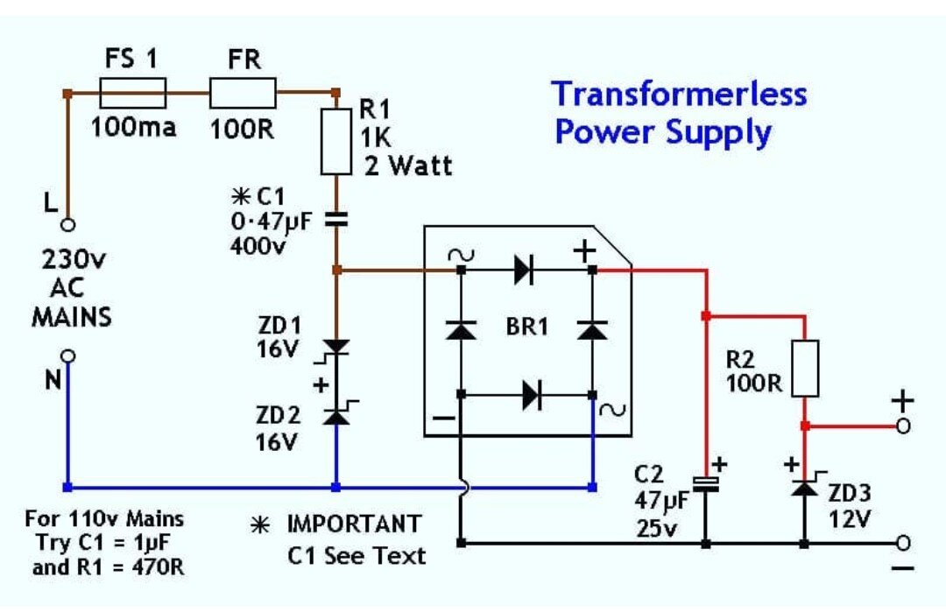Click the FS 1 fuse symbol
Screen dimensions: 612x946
click(133, 91)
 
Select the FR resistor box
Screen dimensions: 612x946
click(243, 91)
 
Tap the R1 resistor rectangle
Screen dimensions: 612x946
click(335, 141)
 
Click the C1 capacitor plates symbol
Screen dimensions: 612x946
click(335, 222)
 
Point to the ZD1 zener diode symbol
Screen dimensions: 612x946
click(335, 348)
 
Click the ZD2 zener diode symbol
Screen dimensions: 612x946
click(335, 417)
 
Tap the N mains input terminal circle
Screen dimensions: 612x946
click(67, 356)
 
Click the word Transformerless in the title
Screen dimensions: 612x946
click(679, 94)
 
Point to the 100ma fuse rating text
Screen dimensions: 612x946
click(134, 127)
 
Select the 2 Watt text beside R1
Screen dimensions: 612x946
click(408, 165)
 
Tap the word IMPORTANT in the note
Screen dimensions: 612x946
click(355, 525)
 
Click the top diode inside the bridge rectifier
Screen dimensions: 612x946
click(526, 271)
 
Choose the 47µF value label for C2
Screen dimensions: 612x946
click(663, 503)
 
